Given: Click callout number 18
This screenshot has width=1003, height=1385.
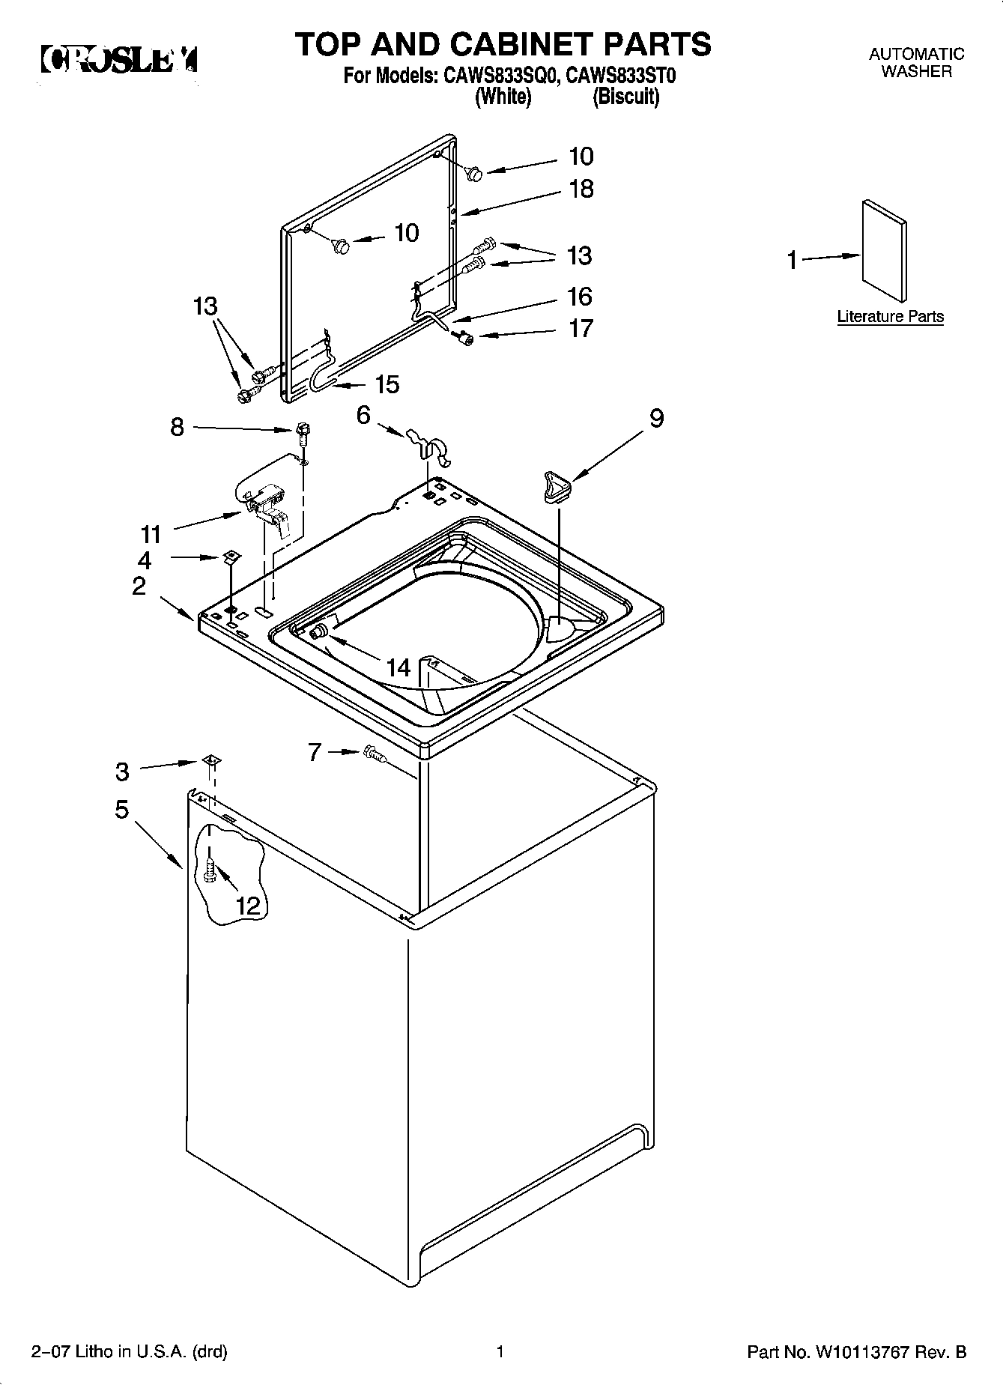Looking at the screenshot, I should coord(581,189).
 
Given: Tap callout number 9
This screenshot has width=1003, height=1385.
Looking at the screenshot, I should coord(656,418).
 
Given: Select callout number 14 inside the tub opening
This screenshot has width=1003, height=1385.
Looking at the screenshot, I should coord(399,667).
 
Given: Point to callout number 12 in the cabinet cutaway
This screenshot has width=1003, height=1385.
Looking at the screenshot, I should coord(248,906).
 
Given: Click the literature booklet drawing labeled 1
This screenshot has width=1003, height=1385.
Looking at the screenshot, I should coord(885,252).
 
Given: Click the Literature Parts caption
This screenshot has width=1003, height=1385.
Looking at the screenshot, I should coord(890,316).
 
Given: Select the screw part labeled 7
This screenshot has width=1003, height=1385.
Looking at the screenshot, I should coord(374,754).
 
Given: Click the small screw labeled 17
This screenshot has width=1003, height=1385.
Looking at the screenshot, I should coord(466,338).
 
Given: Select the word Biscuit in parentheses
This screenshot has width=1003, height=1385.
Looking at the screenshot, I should coord(626,97).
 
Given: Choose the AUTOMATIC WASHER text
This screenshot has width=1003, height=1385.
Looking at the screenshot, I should coord(916,63).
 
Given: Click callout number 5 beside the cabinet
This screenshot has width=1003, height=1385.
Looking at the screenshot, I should coord(121,810).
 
